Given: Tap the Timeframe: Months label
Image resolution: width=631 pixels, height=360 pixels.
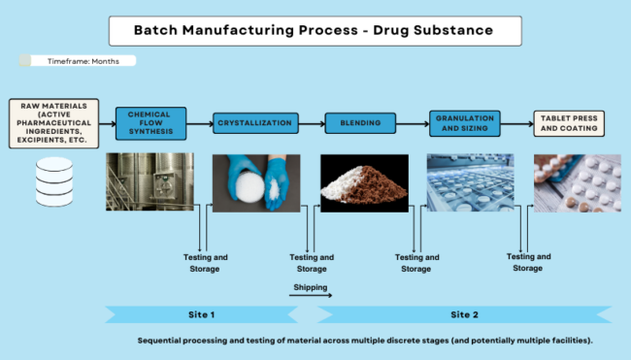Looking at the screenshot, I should (x=82, y=61).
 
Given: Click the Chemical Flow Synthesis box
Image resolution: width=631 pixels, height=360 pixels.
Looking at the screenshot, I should (x=149, y=122).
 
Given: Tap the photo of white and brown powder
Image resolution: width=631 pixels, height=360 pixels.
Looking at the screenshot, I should (x=360, y=182).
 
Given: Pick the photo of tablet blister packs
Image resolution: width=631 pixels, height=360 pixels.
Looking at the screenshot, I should (x=577, y=182).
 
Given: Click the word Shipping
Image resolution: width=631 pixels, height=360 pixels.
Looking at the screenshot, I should (x=311, y=287).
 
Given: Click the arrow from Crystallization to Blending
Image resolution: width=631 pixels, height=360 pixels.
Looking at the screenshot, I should (x=310, y=123).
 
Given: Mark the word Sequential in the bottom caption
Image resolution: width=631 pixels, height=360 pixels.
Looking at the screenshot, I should (x=165, y=342).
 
